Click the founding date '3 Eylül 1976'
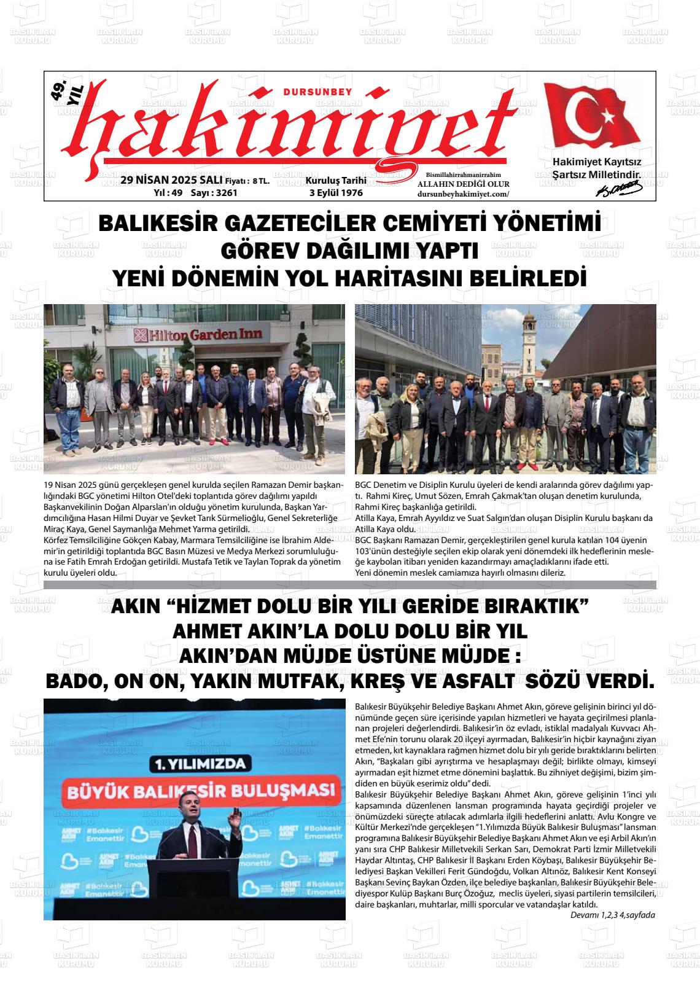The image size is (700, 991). point(336,193)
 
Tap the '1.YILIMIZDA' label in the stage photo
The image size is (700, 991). point(194,764)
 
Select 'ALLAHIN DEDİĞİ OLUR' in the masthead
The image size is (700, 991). point(463,184)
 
